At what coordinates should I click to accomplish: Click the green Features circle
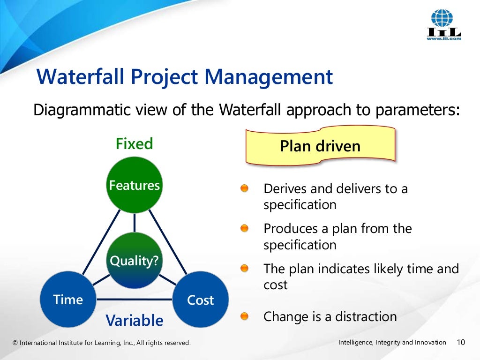[135, 185]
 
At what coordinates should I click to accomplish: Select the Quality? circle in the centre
[134, 261]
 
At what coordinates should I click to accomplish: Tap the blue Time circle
[68, 300]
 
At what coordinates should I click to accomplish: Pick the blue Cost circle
[200, 300]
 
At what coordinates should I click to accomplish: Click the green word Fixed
[134, 143]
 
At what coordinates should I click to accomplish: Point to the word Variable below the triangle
[135, 321]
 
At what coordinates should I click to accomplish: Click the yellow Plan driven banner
[320, 146]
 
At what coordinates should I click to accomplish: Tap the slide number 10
[460, 342]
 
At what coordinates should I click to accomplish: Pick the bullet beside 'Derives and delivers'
[244, 188]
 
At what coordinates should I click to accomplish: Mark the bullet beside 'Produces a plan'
[244, 228]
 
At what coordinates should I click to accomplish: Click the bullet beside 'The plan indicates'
[244, 269]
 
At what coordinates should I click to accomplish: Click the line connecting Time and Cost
[135, 299]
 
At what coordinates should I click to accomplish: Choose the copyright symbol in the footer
[15, 343]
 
